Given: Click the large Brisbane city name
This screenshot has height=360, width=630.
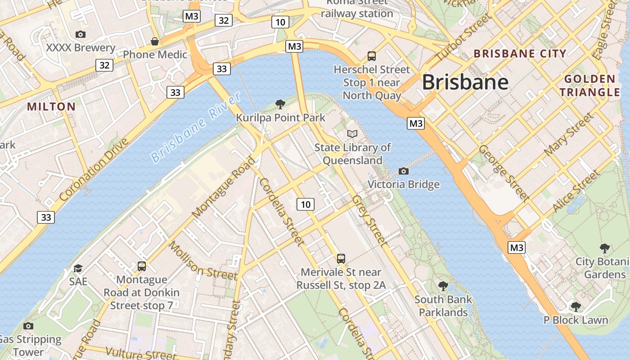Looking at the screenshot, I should [465, 82].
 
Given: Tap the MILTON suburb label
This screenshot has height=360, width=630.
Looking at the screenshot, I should [51, 107].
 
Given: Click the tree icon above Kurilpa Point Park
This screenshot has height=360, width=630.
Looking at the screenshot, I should [280, 104].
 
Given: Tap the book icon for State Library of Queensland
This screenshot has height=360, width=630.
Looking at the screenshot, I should [352, 134].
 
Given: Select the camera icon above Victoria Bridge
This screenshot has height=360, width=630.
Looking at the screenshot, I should [404, 171].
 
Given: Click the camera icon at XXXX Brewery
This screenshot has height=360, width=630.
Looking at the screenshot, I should [81, 34].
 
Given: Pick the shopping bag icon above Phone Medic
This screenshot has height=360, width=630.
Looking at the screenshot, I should [155, 41].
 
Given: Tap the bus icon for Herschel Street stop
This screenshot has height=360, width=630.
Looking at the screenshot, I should [372, 56].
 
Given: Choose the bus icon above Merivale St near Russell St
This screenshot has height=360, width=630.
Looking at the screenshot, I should [341, 259].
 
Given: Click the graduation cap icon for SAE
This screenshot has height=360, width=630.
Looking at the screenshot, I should [78, 268].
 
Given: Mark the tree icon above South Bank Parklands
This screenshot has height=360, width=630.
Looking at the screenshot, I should [443, 286].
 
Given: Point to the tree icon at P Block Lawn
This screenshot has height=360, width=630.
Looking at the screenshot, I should [576, 307].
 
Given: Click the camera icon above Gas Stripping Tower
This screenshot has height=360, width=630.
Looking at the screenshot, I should [28, 326].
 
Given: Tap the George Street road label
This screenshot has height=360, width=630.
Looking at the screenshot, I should [504, 172].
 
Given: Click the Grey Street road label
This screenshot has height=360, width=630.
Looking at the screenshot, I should [369, 220].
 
